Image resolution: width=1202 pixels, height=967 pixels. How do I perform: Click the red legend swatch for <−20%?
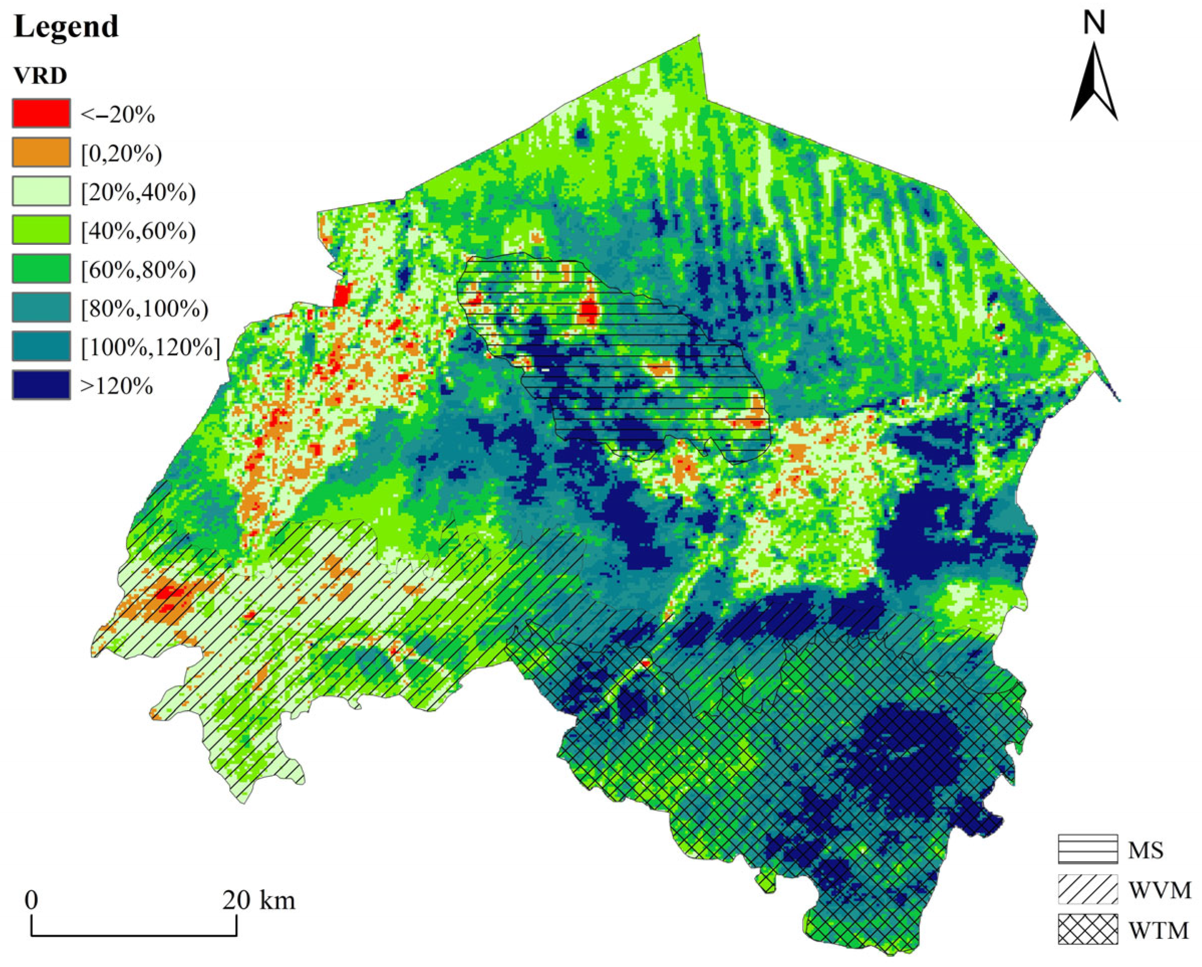(41, 114)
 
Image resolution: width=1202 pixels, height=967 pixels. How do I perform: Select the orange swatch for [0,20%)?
(41, 152)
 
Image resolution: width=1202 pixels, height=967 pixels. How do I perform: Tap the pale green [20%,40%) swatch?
(41, 191)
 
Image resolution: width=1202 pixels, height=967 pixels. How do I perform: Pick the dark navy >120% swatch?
(41, 385)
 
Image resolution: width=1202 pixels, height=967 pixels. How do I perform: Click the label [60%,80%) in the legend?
(138, 269)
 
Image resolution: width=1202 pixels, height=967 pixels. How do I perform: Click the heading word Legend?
(66, 26)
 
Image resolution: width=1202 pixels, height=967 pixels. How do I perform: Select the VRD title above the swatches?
(40, 75)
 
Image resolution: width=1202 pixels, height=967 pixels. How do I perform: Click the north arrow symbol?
(1093, 84)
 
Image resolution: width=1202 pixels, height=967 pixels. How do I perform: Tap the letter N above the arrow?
(1094, 24)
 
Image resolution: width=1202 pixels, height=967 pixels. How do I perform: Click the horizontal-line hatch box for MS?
(1088, 849)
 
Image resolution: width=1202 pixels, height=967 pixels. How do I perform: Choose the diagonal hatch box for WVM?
(1088, 889)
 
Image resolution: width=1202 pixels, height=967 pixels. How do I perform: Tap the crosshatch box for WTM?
(1088, 929)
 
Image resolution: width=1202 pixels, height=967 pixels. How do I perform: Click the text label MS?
(1146, 850)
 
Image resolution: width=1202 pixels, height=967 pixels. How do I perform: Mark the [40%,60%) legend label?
(138, 231)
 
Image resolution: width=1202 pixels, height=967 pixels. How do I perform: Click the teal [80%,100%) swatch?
(41, 307)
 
